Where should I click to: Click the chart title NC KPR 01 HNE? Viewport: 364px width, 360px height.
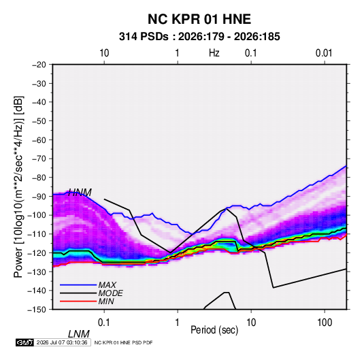pos(199,19)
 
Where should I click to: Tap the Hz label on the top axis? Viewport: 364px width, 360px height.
pos(214,53)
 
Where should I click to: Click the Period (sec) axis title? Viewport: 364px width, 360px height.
pos(214,330)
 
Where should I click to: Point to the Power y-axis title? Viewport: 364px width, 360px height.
pos(18,187)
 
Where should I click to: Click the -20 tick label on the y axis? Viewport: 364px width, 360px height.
pos(39,65)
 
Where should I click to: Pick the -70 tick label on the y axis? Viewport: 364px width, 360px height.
pos(39,159)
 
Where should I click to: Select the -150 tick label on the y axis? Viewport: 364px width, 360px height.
pos(37,310)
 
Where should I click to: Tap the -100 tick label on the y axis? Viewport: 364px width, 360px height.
pos(37,215)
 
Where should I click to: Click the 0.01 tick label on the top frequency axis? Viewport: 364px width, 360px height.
pos(324,53)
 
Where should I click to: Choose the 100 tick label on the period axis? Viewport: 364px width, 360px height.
pos(325,323)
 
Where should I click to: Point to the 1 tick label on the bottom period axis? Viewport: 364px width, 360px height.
pos(177,323)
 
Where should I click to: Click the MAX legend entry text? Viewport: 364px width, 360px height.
pos(107,285)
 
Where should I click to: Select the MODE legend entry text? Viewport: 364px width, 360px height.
pos(110,293)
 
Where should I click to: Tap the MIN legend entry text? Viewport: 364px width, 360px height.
pos(106,301)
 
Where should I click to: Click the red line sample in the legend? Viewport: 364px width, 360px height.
pos(78,301)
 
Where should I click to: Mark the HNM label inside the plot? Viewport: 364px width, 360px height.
pos(80,193)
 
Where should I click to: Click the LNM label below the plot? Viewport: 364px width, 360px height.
pos(79,334)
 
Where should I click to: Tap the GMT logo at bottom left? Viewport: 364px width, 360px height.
pos(24,342)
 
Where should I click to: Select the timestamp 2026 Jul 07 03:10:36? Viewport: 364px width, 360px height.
pos(62,342)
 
